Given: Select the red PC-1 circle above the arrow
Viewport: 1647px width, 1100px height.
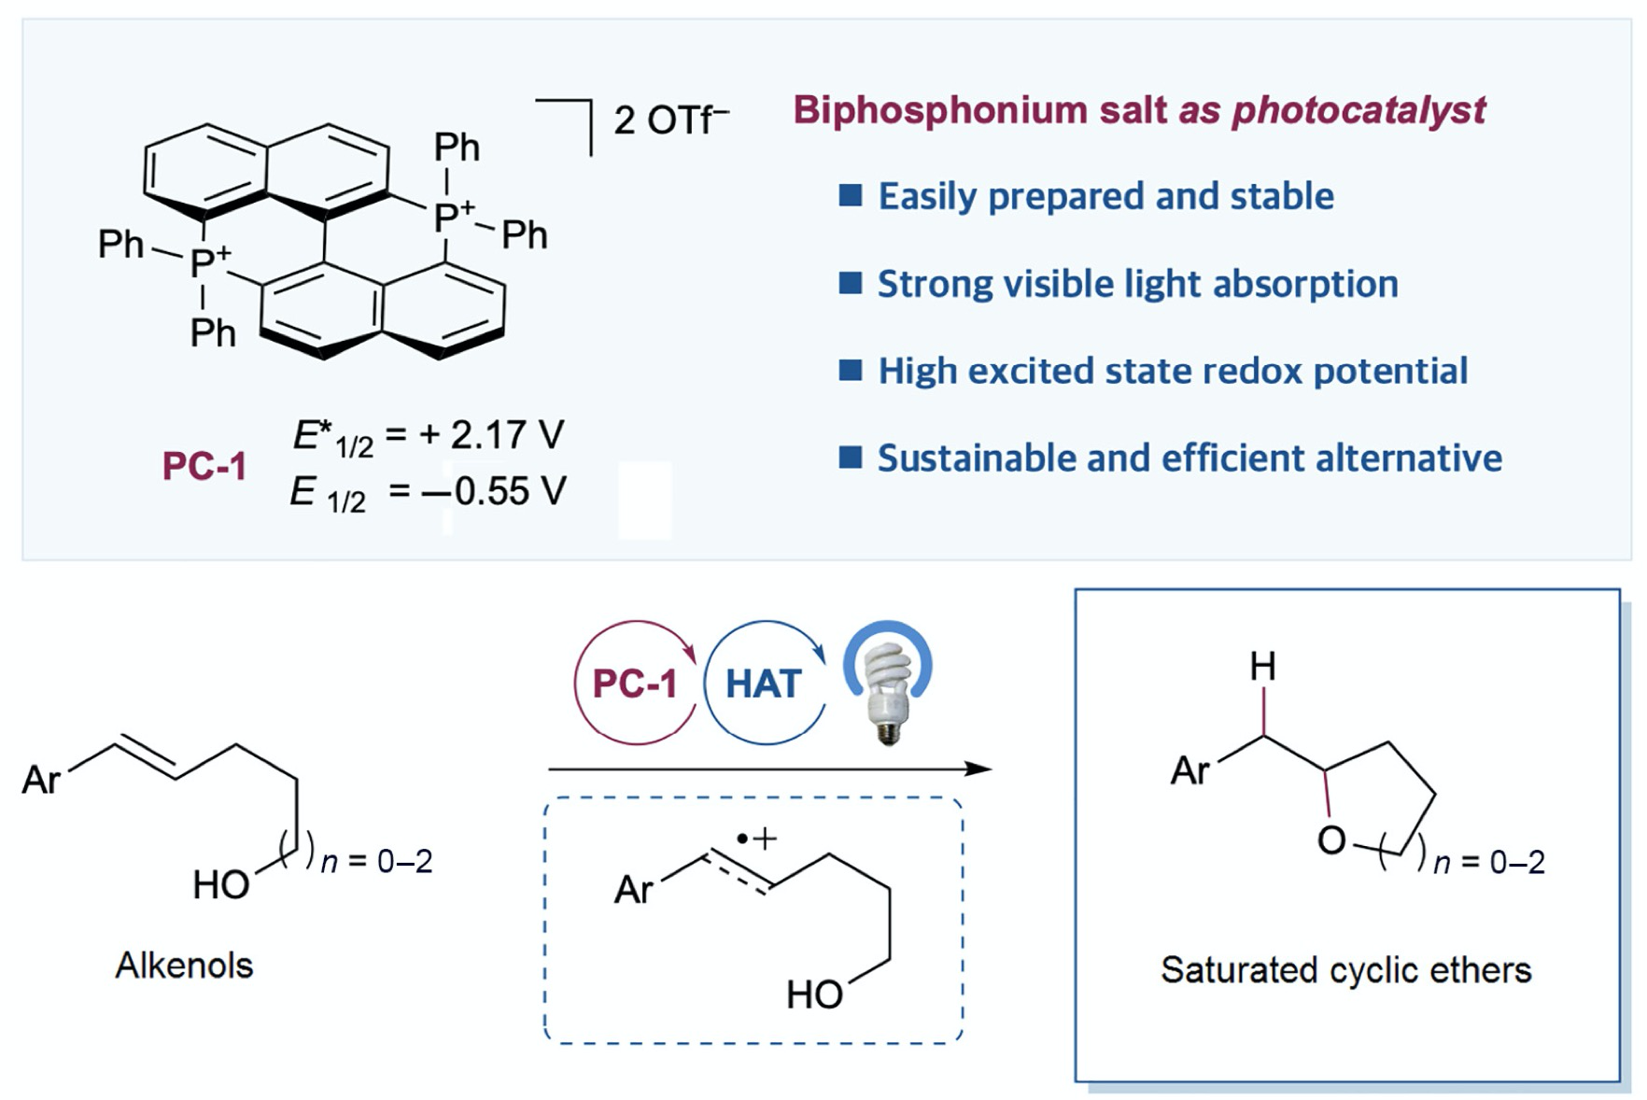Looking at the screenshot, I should click(x=636, y=683).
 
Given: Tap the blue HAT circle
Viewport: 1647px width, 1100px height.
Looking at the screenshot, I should click(x=765, y=683).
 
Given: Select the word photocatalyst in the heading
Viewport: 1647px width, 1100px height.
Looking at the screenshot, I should click(x=1358, y=110).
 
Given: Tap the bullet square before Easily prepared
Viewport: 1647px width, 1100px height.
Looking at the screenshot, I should click(x=850, y=195).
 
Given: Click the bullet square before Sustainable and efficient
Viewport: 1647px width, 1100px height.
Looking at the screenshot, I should click(x=850, y=458).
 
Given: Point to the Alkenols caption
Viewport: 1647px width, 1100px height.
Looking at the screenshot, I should click(x=184, y=966).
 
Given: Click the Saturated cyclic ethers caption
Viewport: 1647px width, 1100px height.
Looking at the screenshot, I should click(x=1345, y=970).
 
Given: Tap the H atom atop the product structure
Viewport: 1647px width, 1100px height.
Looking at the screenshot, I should click(x=1262, y=667).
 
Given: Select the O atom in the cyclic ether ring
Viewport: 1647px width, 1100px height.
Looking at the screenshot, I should click(x=1331, y=840).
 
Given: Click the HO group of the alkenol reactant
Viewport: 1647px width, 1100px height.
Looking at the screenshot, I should click(x=221, y=884).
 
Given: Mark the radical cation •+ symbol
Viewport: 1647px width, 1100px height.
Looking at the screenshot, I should click(x=756, y=839).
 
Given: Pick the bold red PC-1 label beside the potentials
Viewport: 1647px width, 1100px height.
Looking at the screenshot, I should click(x=204, y=466).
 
